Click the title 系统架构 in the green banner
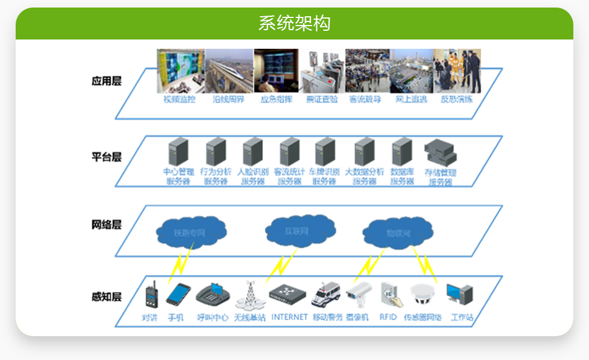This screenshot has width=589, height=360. [x=294, y=23]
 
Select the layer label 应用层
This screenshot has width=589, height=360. [x=106, y=81]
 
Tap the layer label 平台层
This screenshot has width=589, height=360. [x=106, y=157]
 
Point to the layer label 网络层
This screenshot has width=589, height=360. [x=106, y=225]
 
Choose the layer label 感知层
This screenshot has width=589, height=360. [x=106, y=297]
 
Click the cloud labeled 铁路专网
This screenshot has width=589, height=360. [x=190, y=233]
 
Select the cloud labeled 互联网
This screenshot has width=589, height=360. [x=299, y=231]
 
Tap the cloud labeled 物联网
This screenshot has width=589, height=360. [x=398, y=233]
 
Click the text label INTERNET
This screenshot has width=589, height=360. [x=290, y=317]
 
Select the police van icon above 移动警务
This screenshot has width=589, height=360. [x=327, y=295]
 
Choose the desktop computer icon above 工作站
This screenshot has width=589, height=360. [x=460, y=295]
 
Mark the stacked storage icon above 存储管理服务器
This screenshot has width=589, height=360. [x=440, y=153]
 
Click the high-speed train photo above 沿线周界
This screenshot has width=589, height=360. [x=229, y=71]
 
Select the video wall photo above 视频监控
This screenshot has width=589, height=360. [x=180, y=71]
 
